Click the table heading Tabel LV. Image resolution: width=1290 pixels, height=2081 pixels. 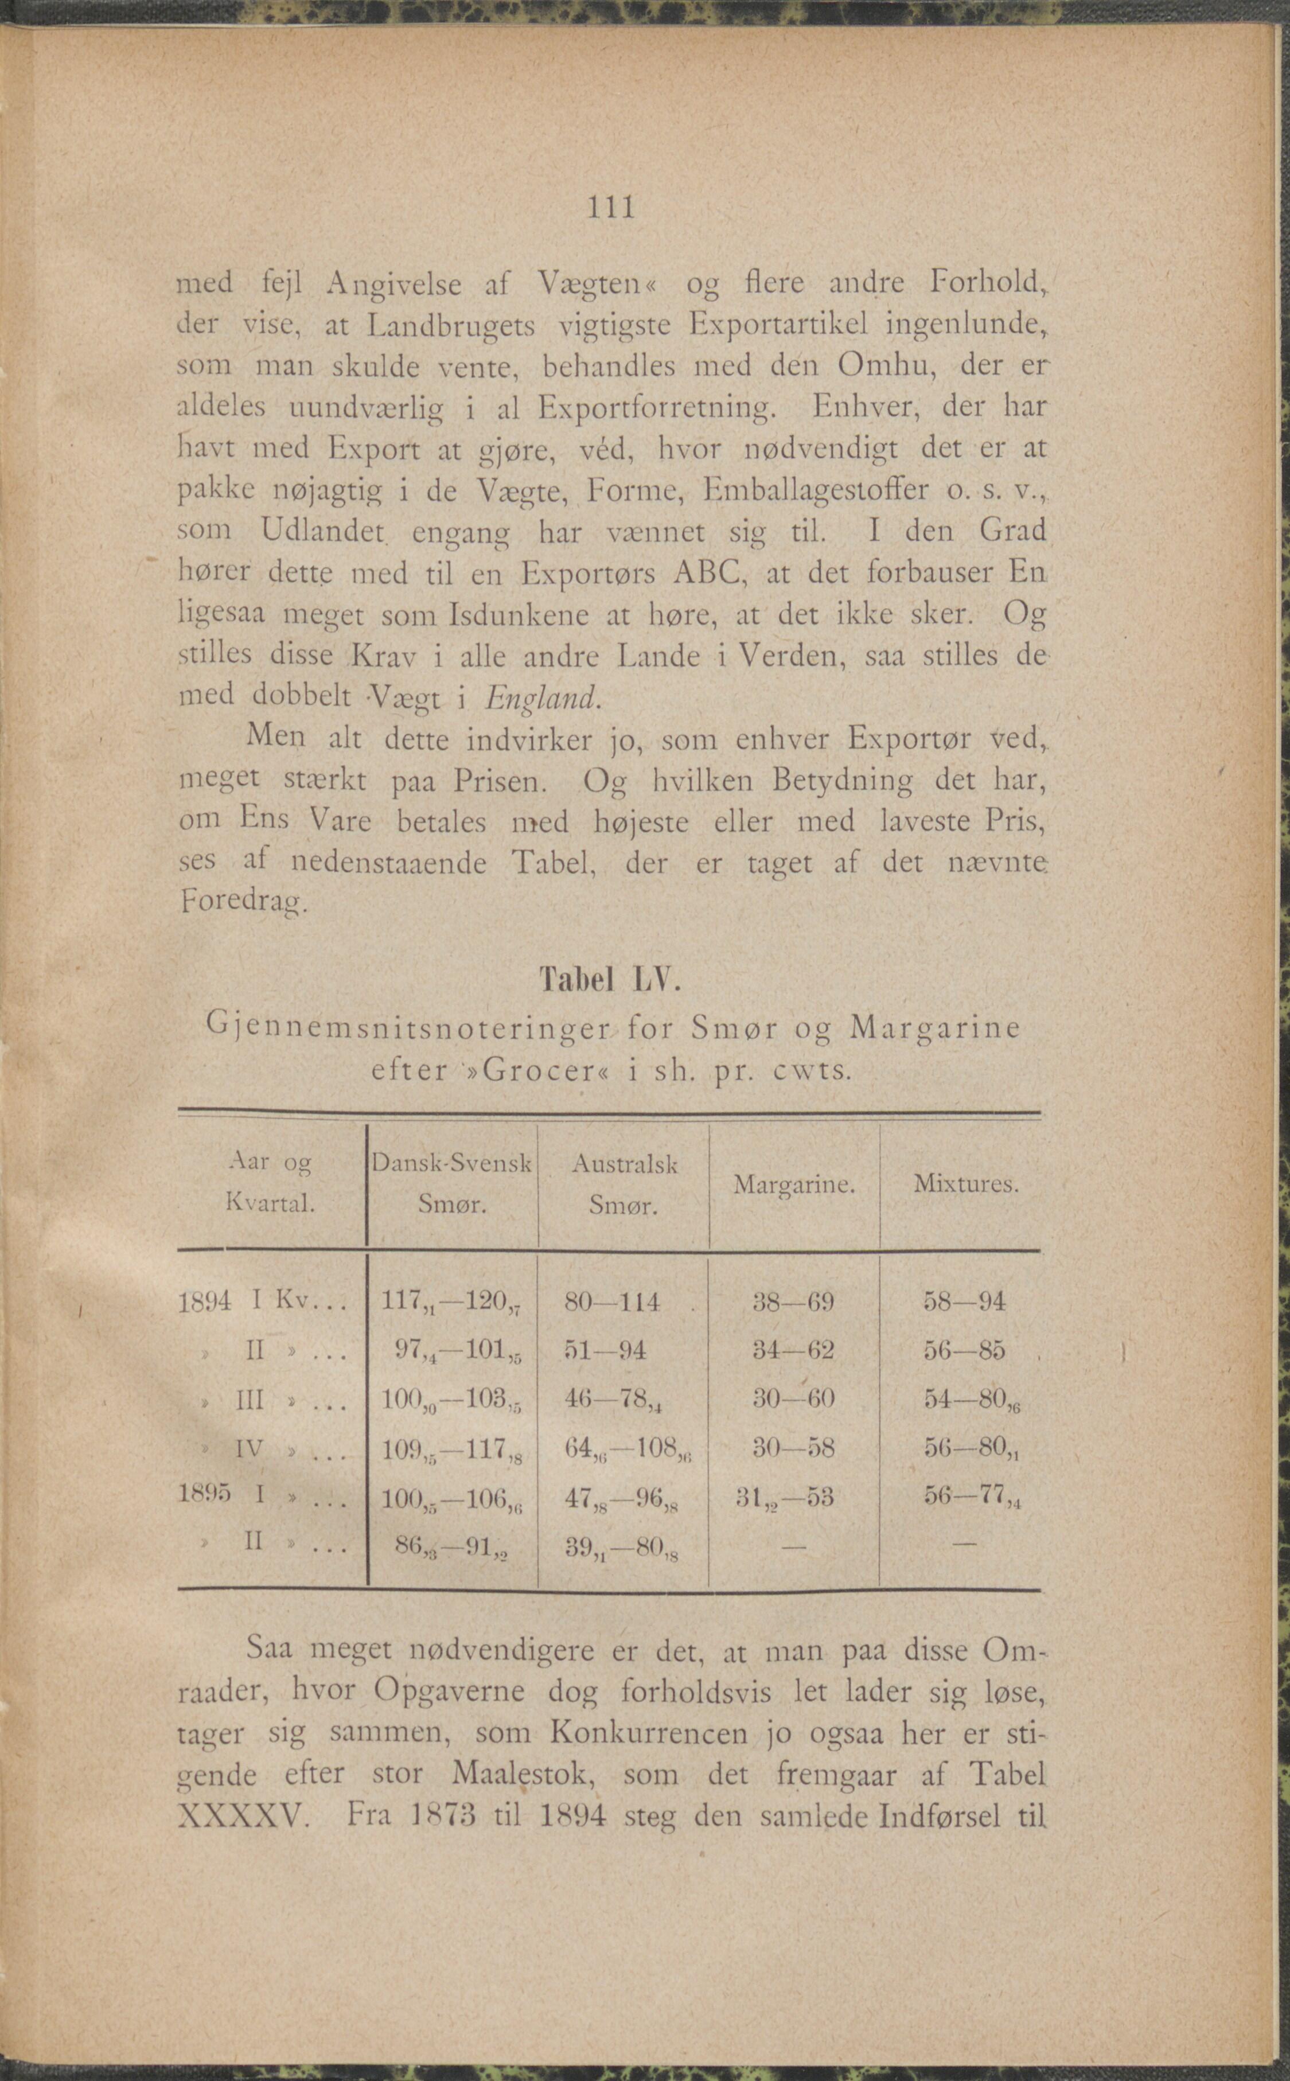click(611, 981)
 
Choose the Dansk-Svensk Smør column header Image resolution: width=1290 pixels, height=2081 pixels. click(452, 1184)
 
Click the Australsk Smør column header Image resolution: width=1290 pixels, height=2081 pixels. click(625, 1184)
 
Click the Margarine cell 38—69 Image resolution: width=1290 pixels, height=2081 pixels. click(793, 1302)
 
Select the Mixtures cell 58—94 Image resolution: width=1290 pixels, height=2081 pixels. click(964, 1302)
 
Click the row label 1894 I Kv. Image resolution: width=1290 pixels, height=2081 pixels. click(260, 1302)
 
